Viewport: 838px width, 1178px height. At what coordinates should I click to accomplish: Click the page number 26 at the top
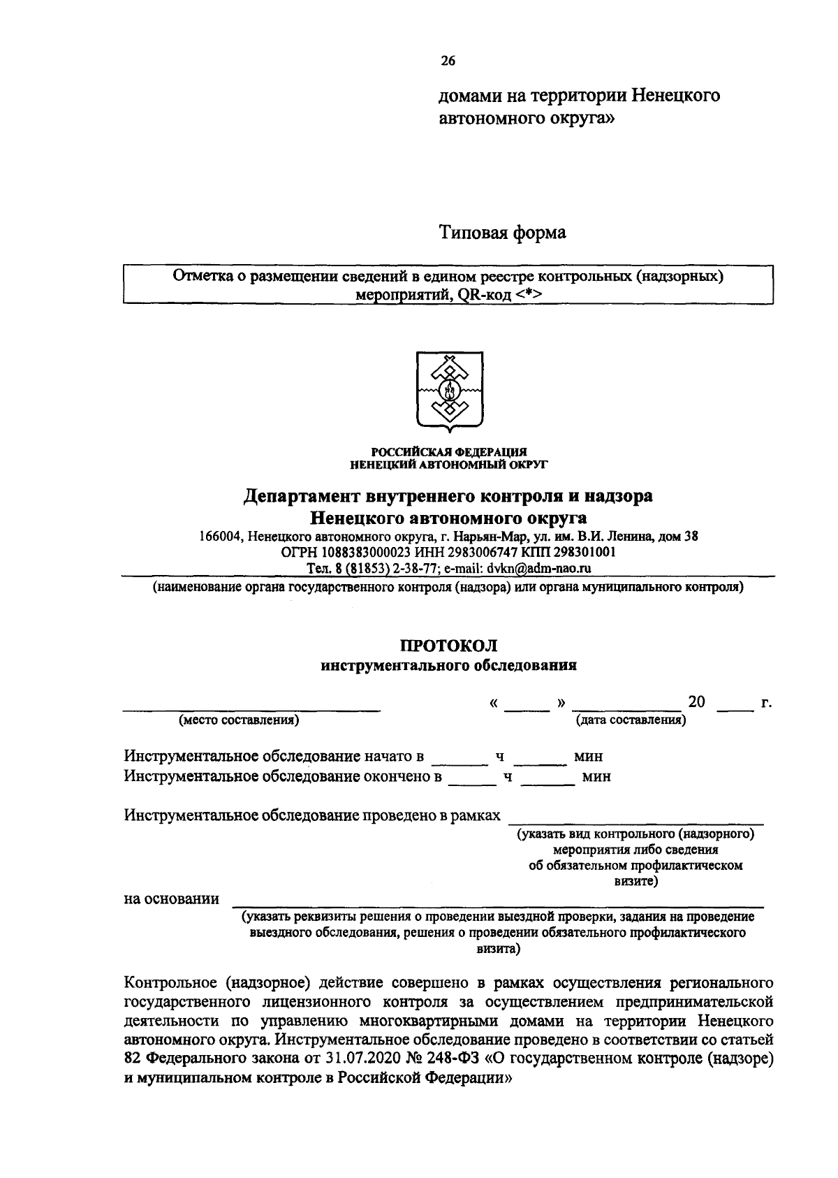[x=448, y=61]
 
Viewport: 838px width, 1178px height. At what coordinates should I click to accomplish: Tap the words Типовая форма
[x=502, y=232]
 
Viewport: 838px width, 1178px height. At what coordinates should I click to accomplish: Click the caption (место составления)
[x=239, y=720]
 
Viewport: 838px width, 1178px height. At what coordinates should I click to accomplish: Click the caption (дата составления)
[x=631, y=720]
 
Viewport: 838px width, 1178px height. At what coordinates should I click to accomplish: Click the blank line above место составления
[x=251, y=708]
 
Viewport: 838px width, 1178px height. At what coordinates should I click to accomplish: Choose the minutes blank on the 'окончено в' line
[x=548, y=783]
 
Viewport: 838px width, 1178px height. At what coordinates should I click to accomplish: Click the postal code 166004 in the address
[x=219, y=537]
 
